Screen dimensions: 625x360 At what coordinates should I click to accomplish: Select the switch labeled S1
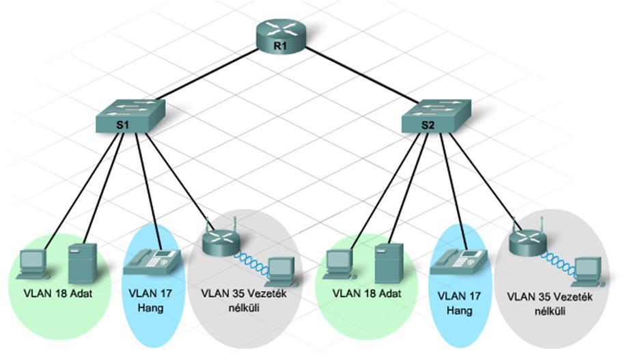(130, 116)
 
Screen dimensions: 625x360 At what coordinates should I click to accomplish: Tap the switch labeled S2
(436, 116)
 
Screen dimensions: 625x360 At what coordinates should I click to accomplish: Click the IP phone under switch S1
(152, 261)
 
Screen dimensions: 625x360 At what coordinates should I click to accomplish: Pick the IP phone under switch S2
(458, 261)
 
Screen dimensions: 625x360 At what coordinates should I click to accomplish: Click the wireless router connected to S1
(221, 240)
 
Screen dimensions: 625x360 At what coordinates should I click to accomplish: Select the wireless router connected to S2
(528, 240)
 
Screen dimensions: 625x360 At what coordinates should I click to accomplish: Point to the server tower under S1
(83, 263)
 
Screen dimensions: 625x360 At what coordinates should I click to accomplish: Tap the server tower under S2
(389, 263)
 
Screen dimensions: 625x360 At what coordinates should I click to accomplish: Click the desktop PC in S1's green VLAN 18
(33, 264)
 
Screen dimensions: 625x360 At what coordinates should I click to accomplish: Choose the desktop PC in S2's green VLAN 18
(339, 264)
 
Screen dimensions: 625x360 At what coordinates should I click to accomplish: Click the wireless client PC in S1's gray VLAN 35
(282, 272)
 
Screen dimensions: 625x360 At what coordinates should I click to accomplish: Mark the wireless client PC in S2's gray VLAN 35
(588, 272)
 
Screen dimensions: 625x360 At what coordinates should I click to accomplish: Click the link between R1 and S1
(207, 73)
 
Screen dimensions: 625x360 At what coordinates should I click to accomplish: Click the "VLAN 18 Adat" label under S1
(58, 294)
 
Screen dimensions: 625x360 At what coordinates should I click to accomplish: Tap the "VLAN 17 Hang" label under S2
(459, 303)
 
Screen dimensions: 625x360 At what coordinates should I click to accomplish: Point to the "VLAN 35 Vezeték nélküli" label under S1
(244, 301)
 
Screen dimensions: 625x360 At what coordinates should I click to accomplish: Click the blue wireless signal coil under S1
(252, 263)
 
